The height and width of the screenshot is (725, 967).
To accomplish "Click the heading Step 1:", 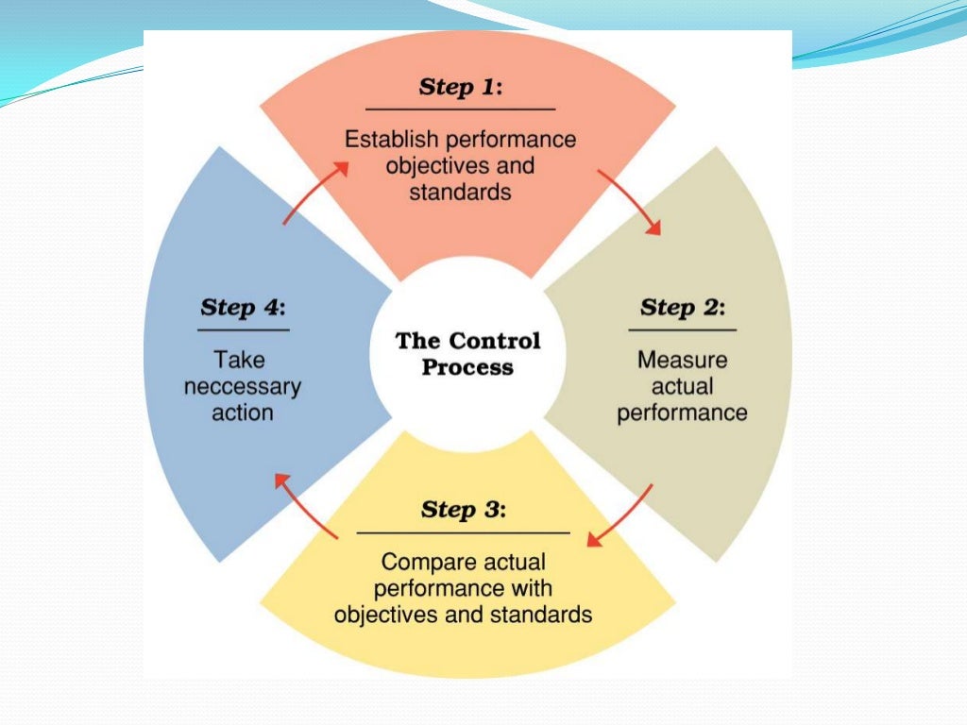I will click(461, 87).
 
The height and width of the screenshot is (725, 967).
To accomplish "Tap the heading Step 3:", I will click(463, 510).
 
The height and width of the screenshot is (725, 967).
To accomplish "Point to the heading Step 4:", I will click(243, 307).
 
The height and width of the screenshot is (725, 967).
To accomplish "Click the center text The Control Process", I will click(467, 353).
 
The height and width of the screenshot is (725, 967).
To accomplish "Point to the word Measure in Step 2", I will click(682, 360).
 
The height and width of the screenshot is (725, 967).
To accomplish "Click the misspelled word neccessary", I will click(243, 386).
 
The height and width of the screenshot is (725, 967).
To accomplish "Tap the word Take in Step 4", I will click(239, 360).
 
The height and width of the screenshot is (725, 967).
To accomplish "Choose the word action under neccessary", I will click(243, 413).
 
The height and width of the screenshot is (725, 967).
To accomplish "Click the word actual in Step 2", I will click(682, 386).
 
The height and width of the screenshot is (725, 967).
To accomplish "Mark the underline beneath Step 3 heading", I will click(463, 533).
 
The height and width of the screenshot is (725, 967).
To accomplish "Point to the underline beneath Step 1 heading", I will click(460, 110).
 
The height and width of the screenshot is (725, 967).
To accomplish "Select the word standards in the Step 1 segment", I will click(460, 192).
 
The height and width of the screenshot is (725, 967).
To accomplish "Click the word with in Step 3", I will click(534, 589).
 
